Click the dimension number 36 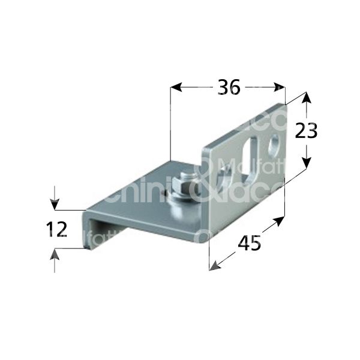pyautogui.click(x=229, y=88)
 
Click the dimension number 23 pyautogui.click(x=306, y=131)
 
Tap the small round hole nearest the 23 pyautogui.click(x=275, y=143)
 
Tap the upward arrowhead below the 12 pyautogui.click(x=55, y=255)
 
